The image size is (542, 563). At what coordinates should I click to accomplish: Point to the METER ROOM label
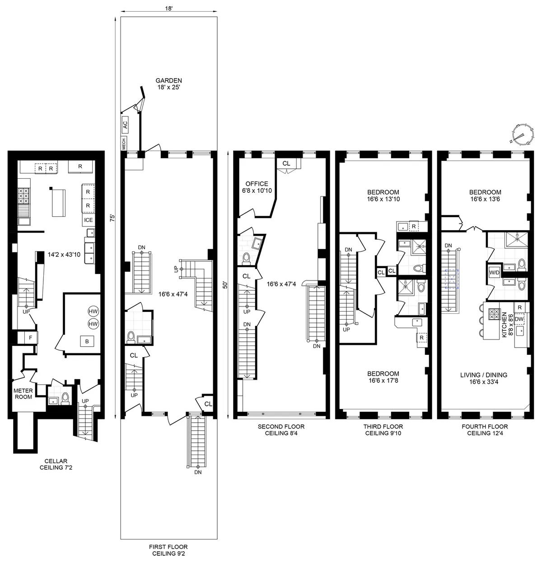(23, 394)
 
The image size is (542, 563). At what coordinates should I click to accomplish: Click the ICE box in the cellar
(88, 220)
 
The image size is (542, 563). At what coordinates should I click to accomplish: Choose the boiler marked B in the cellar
(87, 342)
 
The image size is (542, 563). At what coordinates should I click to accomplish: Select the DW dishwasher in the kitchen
(519, 319)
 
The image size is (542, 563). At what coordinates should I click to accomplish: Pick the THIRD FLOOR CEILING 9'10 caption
(383, 430)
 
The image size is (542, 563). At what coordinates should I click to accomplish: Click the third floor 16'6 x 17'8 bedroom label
(383, 377)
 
